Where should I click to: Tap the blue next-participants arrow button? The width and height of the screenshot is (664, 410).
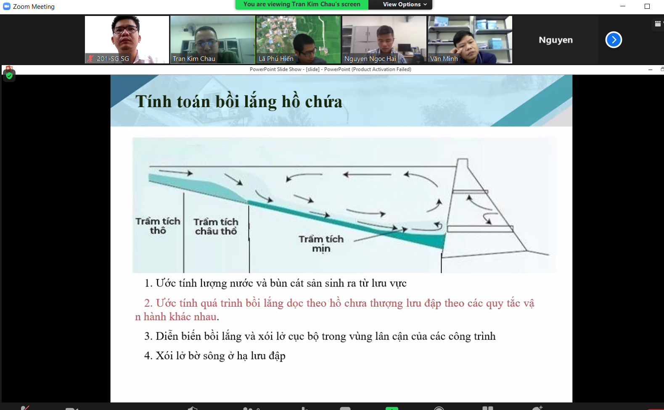(613, 39)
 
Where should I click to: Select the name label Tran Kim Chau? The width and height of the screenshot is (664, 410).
(194, 59)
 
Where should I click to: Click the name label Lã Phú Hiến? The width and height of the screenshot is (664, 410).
(276, 59)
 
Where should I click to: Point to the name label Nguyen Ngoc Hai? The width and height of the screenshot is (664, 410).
(370, 59)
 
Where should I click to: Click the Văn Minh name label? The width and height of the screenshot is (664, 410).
(444, 59)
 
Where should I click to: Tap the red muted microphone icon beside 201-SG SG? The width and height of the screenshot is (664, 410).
(90, 59)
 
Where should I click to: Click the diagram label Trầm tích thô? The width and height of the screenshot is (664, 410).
(158, 226)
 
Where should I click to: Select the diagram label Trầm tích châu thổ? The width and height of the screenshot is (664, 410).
(216, 226)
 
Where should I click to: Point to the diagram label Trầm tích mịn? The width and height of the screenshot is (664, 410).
(321, 244)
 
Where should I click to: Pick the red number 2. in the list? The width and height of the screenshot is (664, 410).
(148, 303)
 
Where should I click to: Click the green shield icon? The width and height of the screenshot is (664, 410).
(9, 76)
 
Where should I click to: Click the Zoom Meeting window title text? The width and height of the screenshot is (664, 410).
(34, 7)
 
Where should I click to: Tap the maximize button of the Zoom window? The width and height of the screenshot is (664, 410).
(647, 6)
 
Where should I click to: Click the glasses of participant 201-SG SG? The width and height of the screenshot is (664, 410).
(125, 30)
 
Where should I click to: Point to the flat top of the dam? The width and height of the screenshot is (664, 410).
(462, 159)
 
